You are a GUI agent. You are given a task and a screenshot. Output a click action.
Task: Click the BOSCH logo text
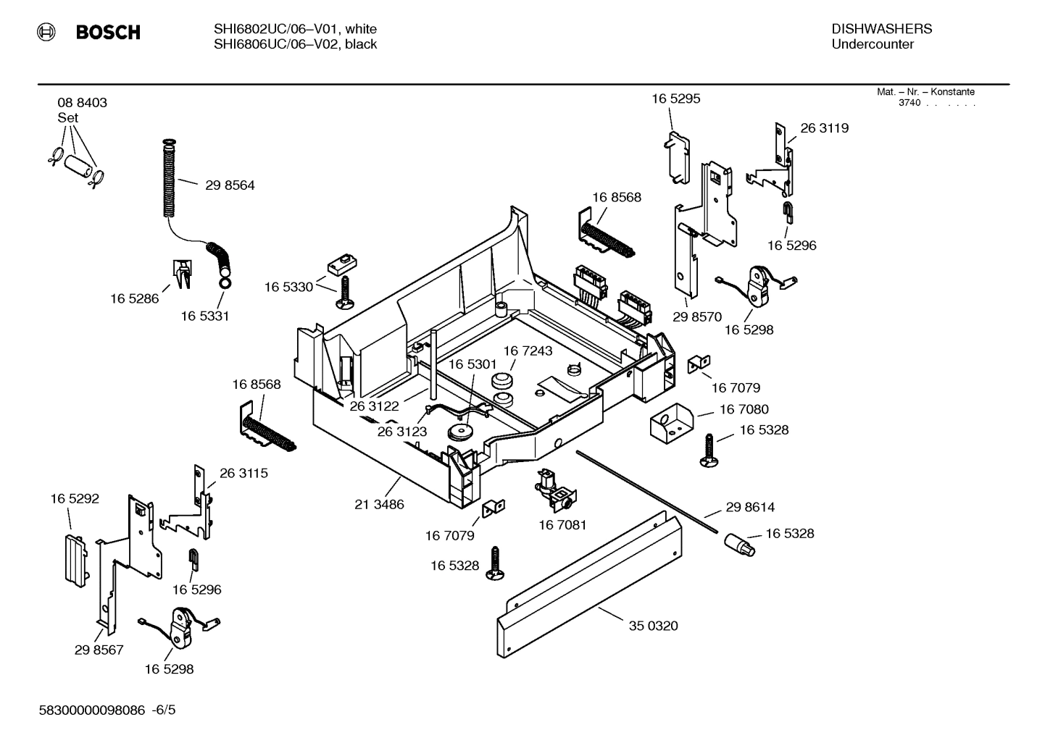coord(107,33)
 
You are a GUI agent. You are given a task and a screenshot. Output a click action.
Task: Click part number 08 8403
coord(82,103)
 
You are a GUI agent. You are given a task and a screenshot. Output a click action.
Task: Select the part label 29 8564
coord(230,185)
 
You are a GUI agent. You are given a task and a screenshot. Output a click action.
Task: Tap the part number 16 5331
coord(204,316)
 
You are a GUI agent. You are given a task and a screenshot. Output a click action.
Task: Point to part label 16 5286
coord(134,298)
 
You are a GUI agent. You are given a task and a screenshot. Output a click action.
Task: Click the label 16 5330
coord(288,288)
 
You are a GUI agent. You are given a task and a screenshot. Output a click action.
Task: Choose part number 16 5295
coord(675,98)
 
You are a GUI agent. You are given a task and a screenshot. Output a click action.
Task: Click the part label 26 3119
coord(824,128)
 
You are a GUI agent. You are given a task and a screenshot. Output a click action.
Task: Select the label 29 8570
coord(697,316)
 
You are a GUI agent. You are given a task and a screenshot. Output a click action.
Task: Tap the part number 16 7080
coord(744,410)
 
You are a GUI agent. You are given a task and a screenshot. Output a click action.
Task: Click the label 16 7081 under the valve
coord(562,524)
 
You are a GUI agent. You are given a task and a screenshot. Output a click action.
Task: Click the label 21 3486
coord(379,504)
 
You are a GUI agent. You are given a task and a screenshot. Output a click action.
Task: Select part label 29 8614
coord(750,508)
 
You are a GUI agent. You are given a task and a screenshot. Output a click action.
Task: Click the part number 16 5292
coord(75,499)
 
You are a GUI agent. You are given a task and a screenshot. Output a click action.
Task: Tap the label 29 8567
coord(99,650)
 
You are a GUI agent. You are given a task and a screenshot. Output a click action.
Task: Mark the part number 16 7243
coord(528,351)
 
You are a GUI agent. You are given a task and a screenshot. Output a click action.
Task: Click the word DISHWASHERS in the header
coord(881,29)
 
